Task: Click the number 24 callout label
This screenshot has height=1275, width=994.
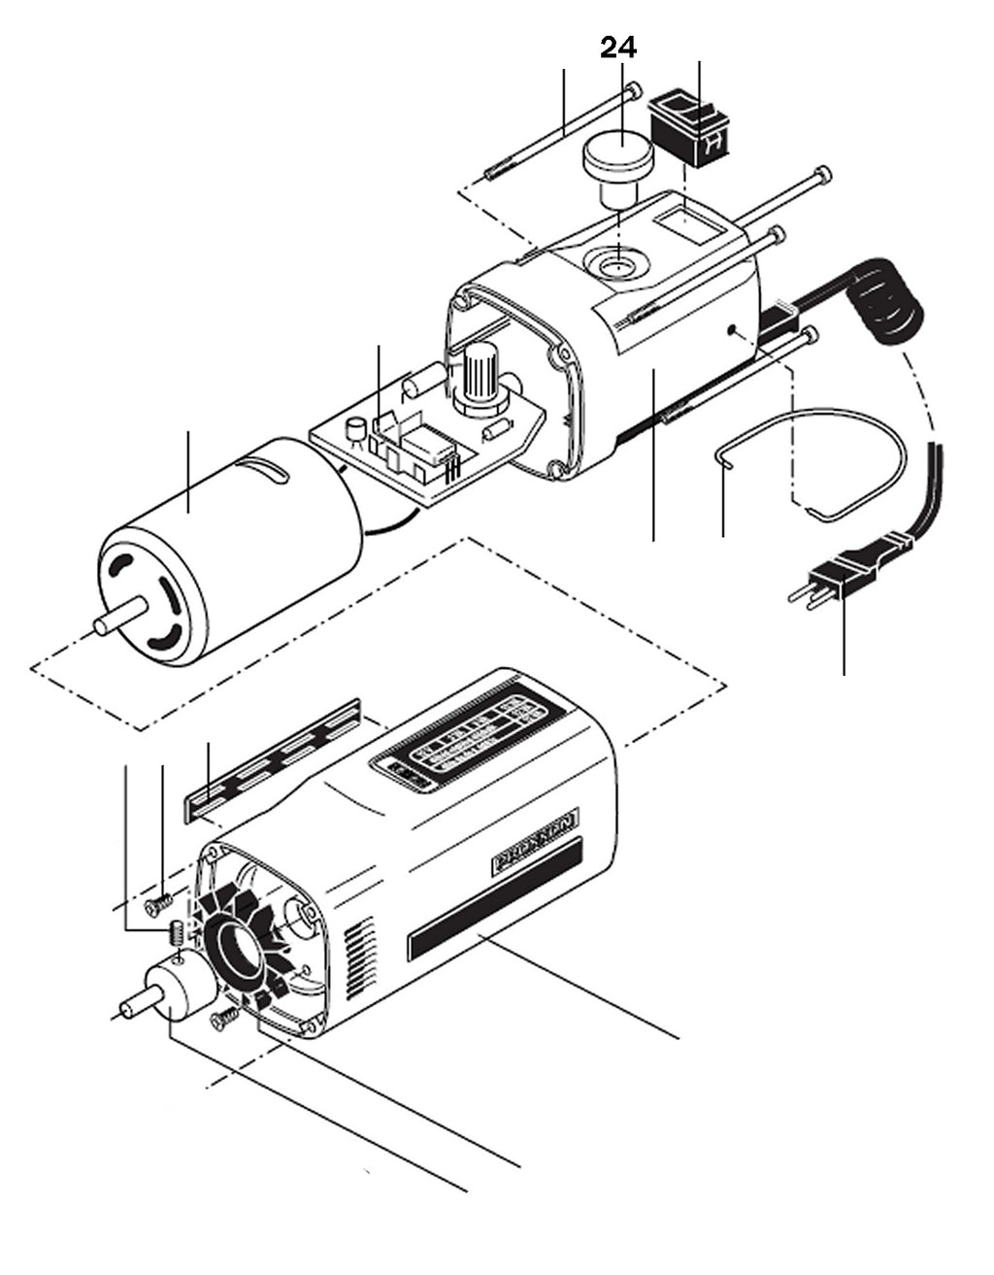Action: click(x=618, y=47)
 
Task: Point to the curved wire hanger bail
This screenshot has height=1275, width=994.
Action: click(x=815, y=456)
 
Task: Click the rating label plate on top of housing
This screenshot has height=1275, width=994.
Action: click(x=464, y=740)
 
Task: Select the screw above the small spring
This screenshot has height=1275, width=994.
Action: click(x=154, y=904)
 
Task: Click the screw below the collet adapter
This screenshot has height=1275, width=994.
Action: click(x=222, y=1017)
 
